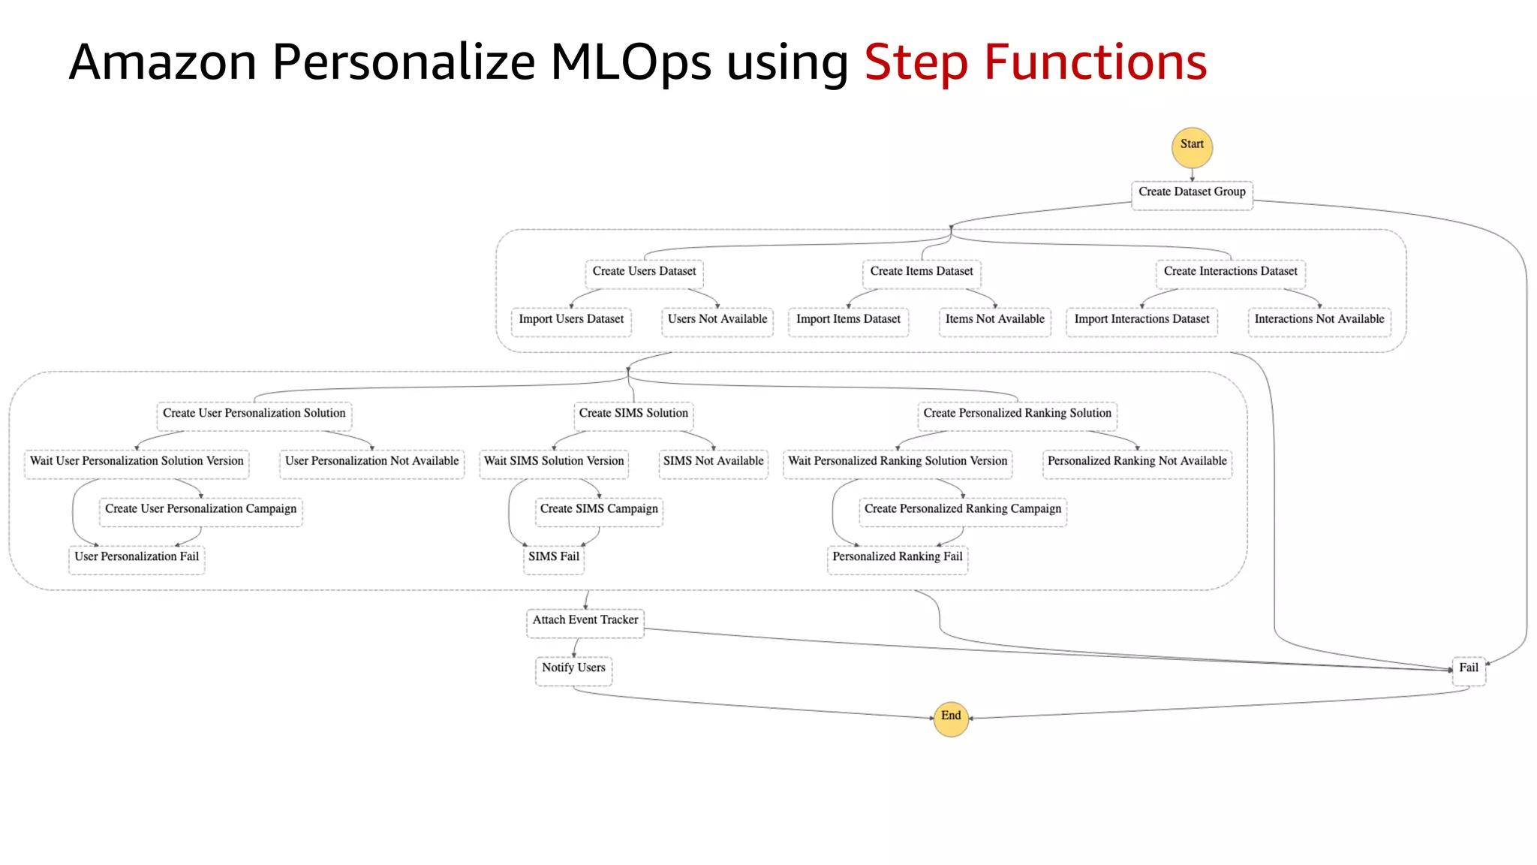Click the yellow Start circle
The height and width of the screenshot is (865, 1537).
pos(1192,146)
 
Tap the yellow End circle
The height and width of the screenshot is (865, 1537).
pos(951,718)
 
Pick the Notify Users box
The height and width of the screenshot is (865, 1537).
pos(573,670)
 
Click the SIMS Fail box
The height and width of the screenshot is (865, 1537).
pos(554,559)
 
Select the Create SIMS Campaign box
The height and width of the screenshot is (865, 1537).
pos(599,511)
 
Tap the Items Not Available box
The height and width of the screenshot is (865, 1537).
pos(994,321)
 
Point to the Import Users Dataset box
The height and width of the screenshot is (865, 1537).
pos(571,321)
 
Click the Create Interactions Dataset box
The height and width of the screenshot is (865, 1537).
pos(1230,273)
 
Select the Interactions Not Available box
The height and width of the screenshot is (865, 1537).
pos(1319,321)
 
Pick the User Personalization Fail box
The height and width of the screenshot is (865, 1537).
pos(137,559)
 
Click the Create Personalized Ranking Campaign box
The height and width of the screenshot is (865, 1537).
pos(963,511)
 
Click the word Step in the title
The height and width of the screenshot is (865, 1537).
pos(916,63)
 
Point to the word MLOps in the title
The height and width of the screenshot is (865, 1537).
pos(630,63)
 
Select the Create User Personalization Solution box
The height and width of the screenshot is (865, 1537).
pos(254,415)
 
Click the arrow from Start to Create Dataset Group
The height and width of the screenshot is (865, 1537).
pos(1192,174)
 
